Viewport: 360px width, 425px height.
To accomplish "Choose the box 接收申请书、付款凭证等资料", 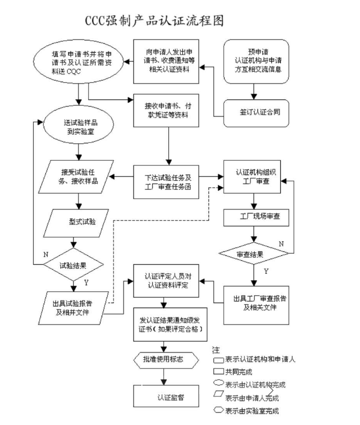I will point(168,111).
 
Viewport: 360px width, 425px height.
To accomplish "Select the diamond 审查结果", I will point(254,253).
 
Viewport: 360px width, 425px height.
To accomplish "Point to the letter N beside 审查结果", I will point(281,244).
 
